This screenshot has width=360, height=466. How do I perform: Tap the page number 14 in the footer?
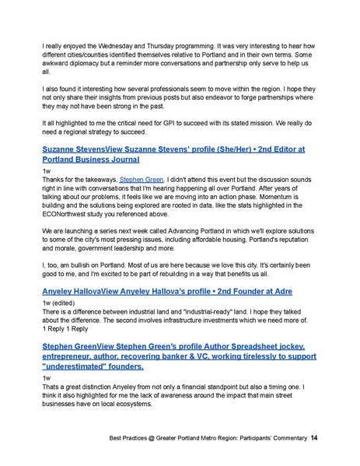coord(313,440)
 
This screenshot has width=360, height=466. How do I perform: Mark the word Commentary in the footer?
coord(283,440)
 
